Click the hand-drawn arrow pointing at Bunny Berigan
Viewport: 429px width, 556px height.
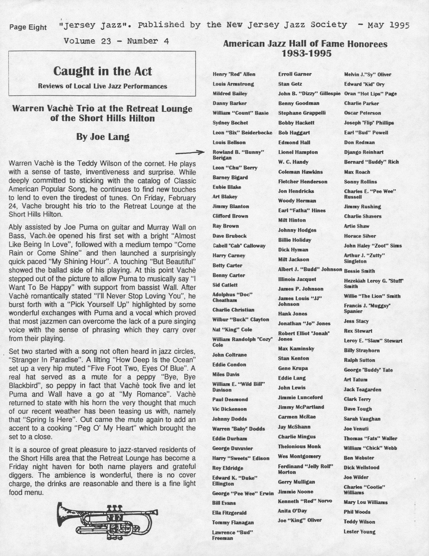click(x=190, y=153)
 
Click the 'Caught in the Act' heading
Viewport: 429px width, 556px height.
click(x=102, y=71)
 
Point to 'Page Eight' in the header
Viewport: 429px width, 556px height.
click(x=28, y=27)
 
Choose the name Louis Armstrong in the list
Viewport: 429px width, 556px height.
click(x=233, y=84)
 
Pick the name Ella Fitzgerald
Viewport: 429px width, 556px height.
click(x=229, y=513)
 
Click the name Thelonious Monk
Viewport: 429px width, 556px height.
click(x=299, y=446)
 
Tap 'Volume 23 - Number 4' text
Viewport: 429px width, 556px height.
click(x=116, y=41)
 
